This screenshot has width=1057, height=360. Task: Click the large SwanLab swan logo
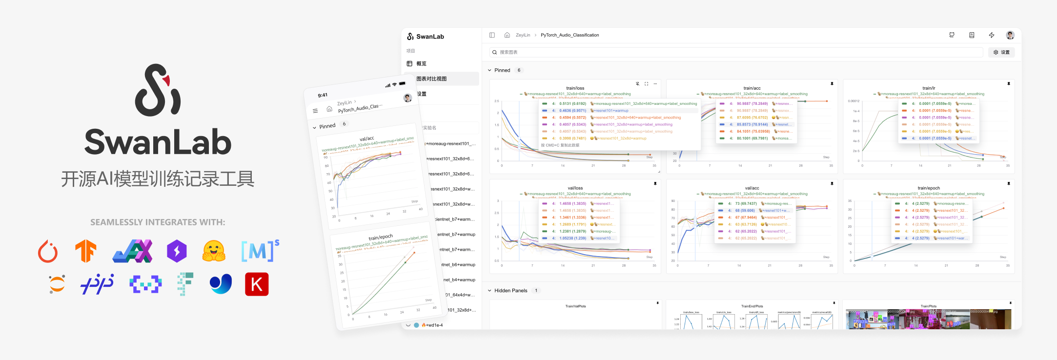pos(158,90)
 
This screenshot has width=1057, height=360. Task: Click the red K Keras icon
pos(257,284)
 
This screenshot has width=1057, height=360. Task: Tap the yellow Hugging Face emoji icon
pos(214,251)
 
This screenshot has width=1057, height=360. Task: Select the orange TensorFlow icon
pos(86,251)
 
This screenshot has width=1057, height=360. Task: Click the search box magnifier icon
pos(494,52)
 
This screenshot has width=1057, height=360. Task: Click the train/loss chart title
pos(575,88)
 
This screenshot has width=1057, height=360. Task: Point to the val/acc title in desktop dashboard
pos(752,188)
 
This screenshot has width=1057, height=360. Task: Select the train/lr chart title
pos(928,88)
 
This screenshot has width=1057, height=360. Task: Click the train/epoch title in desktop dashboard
pos(928,188)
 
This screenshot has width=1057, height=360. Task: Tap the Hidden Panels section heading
pos(510,290)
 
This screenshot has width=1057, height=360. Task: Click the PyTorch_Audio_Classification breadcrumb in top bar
pos(569,35)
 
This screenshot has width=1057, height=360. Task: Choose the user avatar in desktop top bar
pos(1010,35)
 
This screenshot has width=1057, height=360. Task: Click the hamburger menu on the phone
pos(315,111)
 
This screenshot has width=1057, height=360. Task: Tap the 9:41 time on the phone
pos(323,95)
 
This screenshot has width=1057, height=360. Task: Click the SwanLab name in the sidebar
pos(430,37)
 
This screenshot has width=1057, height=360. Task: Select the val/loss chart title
pos(575,188)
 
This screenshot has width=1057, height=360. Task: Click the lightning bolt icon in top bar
pos(991,35)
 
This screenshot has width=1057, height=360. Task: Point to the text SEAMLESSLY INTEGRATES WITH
pos(158,222)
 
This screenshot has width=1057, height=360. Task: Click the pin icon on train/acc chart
pos(832,84)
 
